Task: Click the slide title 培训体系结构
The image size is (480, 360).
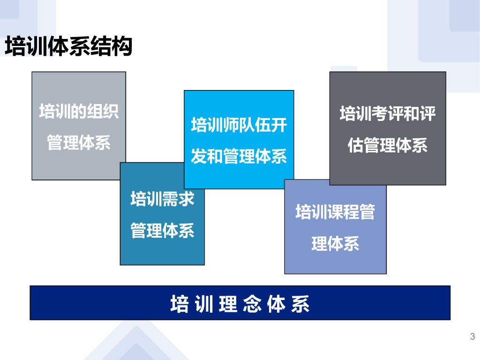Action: pos(68,47)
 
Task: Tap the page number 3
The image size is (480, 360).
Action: pos(472,337)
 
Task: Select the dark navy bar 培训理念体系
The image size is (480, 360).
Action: pos(240,303)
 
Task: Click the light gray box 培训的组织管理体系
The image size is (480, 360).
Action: pos(78,94)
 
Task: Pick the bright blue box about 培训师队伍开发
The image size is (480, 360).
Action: pos(239,108)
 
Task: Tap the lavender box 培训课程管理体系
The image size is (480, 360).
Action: pos(335,262)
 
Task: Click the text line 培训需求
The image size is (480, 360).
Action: pos(162,199)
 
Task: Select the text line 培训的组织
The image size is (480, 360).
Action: pos(79,112)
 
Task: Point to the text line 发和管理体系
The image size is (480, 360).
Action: pos(239,157)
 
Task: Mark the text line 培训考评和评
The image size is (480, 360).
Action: pos(388,114)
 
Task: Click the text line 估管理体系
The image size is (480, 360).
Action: pos(388,145)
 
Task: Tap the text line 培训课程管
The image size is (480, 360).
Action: pos(335,212)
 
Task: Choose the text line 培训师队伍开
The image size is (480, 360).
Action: pos(239,126)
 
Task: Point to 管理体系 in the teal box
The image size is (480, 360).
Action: pos(162,230)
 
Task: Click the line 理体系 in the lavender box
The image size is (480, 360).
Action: pos(335,244)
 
